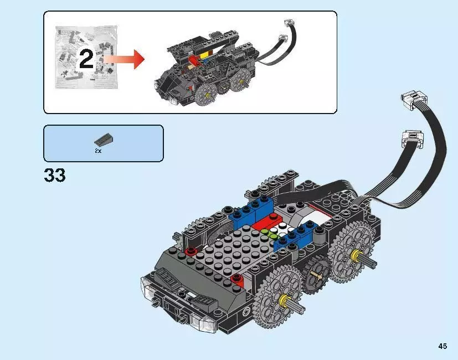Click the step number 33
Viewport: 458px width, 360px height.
point(54,175)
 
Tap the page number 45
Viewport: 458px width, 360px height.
point(442,346)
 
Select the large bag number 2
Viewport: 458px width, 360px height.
point(86,60)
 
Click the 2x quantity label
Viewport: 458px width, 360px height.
point(98,151)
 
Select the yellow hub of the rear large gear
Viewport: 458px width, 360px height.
point(354,255)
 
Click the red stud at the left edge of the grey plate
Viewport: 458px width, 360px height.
point(192,252)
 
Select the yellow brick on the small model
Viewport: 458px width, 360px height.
point(204,55)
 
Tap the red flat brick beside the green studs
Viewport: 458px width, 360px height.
point(265,224)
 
